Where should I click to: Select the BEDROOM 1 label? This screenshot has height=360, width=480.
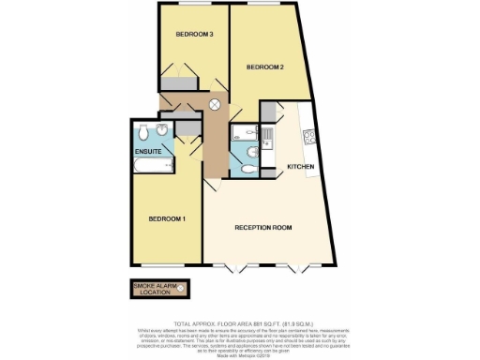[x=167, y=219]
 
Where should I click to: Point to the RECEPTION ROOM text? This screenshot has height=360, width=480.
[x=263, y=227]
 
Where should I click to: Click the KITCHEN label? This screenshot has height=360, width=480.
[x=300, y=167]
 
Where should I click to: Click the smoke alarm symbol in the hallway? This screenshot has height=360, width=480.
[x=215, y=105]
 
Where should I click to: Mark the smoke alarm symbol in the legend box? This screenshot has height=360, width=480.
[x=182, y=287]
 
